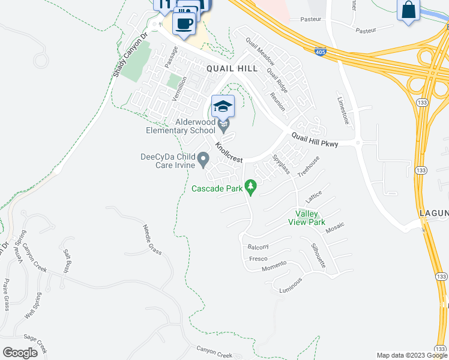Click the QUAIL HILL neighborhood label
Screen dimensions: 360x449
coord(228,68)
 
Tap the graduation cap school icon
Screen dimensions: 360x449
coord(223,107)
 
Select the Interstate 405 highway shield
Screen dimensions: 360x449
coord(320,53)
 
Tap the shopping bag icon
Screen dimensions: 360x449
coord(408,10)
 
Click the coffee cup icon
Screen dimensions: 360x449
coord(184,23)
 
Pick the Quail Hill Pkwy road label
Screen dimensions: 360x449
coord(315,140)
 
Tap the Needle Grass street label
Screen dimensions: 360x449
coord(152,239)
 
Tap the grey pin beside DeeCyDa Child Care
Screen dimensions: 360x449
coord(203,159)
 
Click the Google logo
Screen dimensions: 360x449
coord(20,352)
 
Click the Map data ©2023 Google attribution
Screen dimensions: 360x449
coord(412,355)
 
